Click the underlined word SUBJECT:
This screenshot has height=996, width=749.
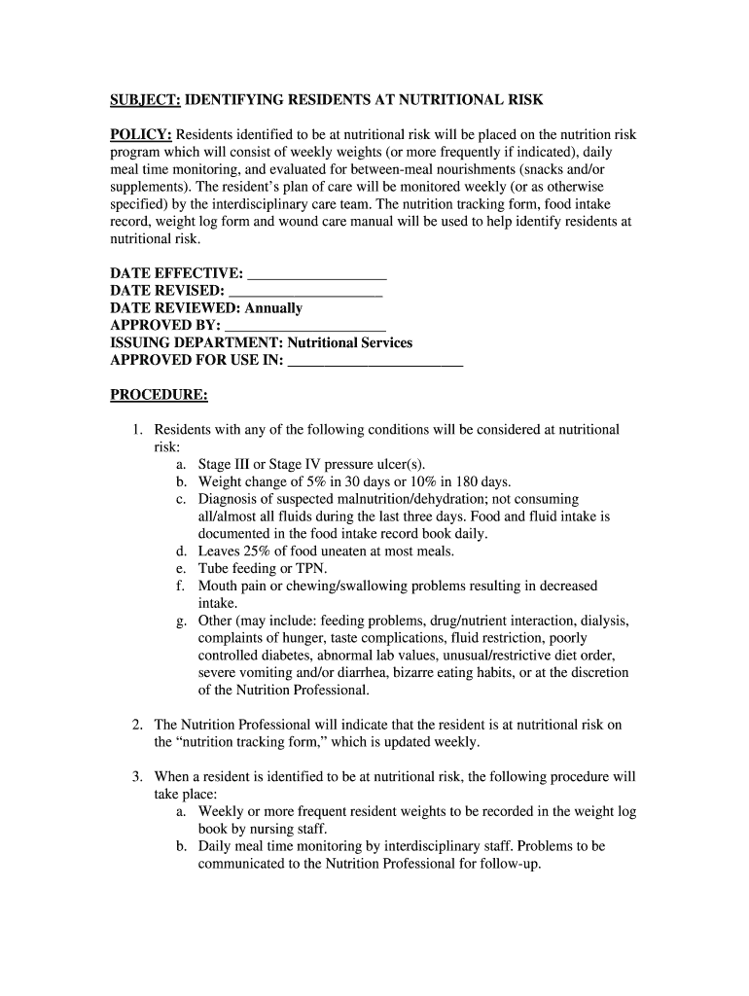[x=145, y=100]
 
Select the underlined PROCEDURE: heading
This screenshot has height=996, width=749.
[x=159, y=395]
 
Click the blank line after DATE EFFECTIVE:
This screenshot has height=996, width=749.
[x=317, y=273]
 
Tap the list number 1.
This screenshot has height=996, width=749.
[x=138, y=430]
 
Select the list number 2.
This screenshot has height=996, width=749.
[x=138, y=725]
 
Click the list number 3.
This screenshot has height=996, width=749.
[x=138, y=777]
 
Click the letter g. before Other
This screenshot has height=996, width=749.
[x=182, y=621]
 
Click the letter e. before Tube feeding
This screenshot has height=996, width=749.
[x=182, y=569]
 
